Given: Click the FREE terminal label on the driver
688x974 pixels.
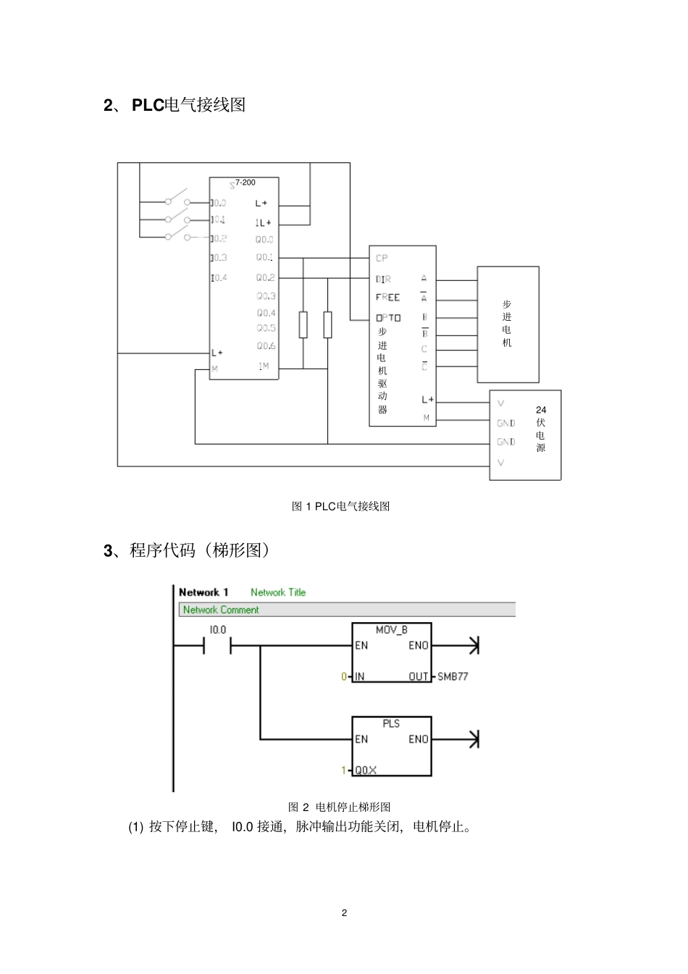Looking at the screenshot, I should tap(387, 298).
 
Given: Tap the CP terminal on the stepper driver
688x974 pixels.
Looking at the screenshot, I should tap(382, 259).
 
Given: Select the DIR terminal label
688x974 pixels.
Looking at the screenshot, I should tap(383, 279).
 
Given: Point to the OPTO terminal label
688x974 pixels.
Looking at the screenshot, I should tap(388, 318).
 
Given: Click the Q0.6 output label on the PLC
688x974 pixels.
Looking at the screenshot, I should tap(266, 346).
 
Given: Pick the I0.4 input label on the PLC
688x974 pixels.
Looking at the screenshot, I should tap(219, 278).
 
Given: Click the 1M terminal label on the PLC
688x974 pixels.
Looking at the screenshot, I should tap(264, 366).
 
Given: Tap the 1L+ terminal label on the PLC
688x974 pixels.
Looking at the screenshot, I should tap(263, 223).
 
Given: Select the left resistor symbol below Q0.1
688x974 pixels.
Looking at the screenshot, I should tap(303, 324).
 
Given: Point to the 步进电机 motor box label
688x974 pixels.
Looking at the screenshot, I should tap(507, 324).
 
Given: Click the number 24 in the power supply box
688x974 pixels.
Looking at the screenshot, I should tap(541, 410).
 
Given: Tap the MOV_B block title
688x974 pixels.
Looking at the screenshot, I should tap(392, 630).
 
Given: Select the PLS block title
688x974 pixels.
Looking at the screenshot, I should tap(391, 723).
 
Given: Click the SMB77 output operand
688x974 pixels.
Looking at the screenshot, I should tap(453, 676).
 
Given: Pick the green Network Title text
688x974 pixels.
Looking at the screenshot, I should tap(278, 592).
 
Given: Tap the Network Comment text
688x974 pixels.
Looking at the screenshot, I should tap(221, 610).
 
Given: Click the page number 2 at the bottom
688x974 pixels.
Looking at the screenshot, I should tap(344, 912).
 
